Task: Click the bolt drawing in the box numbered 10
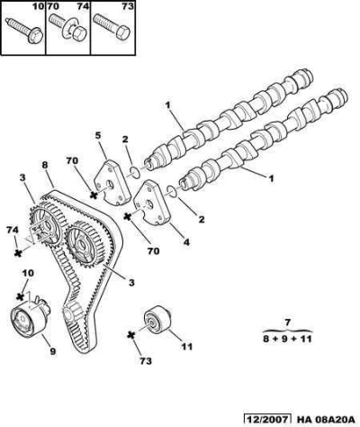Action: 24,31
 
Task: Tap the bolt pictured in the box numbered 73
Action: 112,27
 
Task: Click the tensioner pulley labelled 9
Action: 30,319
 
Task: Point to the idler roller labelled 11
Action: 157,320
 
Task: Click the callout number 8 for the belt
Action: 45,165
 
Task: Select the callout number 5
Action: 98,135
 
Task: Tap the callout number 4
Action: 186,241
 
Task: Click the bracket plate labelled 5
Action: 112,183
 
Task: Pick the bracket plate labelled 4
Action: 151,204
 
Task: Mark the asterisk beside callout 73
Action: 130,335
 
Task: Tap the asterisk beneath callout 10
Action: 20,296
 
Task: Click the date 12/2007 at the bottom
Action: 267,419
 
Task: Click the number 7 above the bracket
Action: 287,323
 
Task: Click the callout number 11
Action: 186,347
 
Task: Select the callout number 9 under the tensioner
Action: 53,351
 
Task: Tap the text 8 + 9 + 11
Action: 287,339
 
